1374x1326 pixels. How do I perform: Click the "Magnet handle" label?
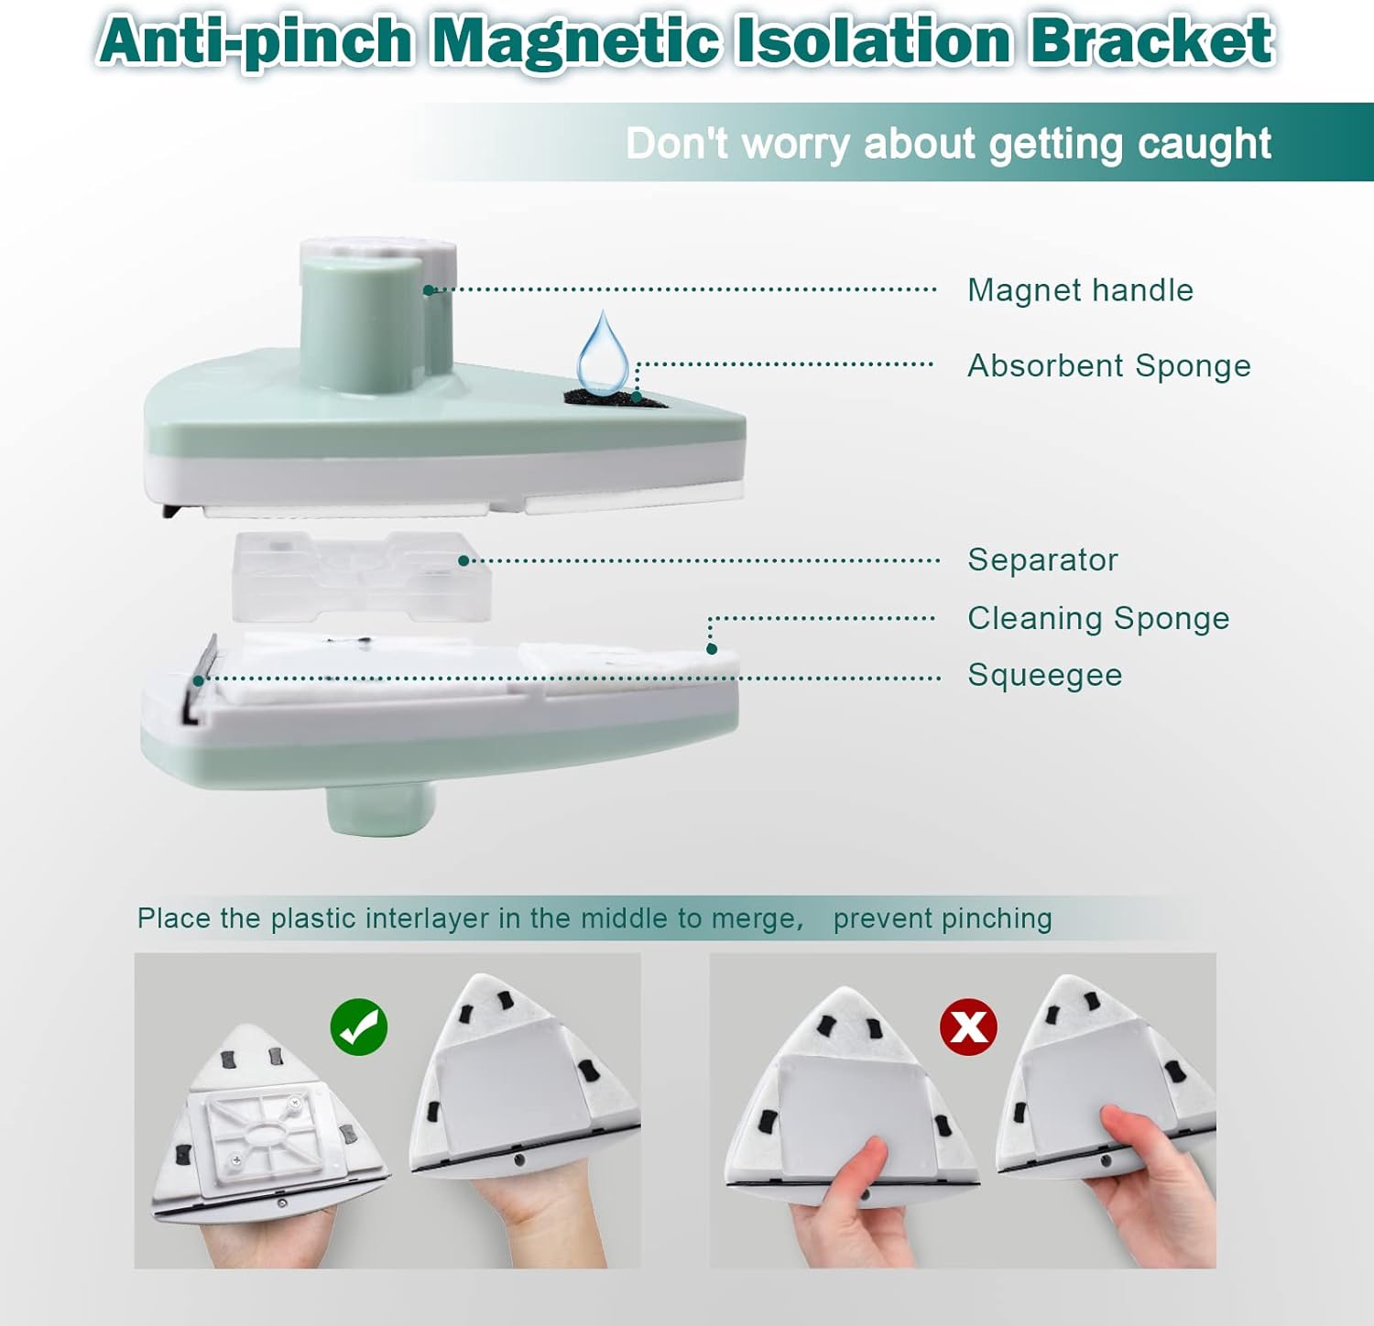[x=1081, y=290]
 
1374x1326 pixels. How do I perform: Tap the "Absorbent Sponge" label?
[x=1109, y=365]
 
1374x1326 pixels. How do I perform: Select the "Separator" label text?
[x=1043, y=560]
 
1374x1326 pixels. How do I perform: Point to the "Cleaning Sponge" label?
[x=1098, y=618]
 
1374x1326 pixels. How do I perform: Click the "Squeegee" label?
[x=1045, y=675]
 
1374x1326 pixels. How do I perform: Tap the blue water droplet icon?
[x=603, y=353]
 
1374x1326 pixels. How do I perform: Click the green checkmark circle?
[x=359, y=1027]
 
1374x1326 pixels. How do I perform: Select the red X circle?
[x=968, y=1027]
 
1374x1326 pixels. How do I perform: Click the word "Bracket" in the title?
[x=1150, y=40]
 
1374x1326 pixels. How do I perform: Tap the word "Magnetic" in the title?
[x=575, y=40]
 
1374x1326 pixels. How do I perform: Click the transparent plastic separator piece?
[x=362, y=577]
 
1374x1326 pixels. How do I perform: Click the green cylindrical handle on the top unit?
[x=362, y=321]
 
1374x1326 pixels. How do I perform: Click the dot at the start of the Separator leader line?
[x=463, y=560]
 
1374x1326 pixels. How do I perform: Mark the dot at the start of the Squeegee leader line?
[x=198, y=679]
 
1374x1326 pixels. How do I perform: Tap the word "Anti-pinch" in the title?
[x=256, y=42]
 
